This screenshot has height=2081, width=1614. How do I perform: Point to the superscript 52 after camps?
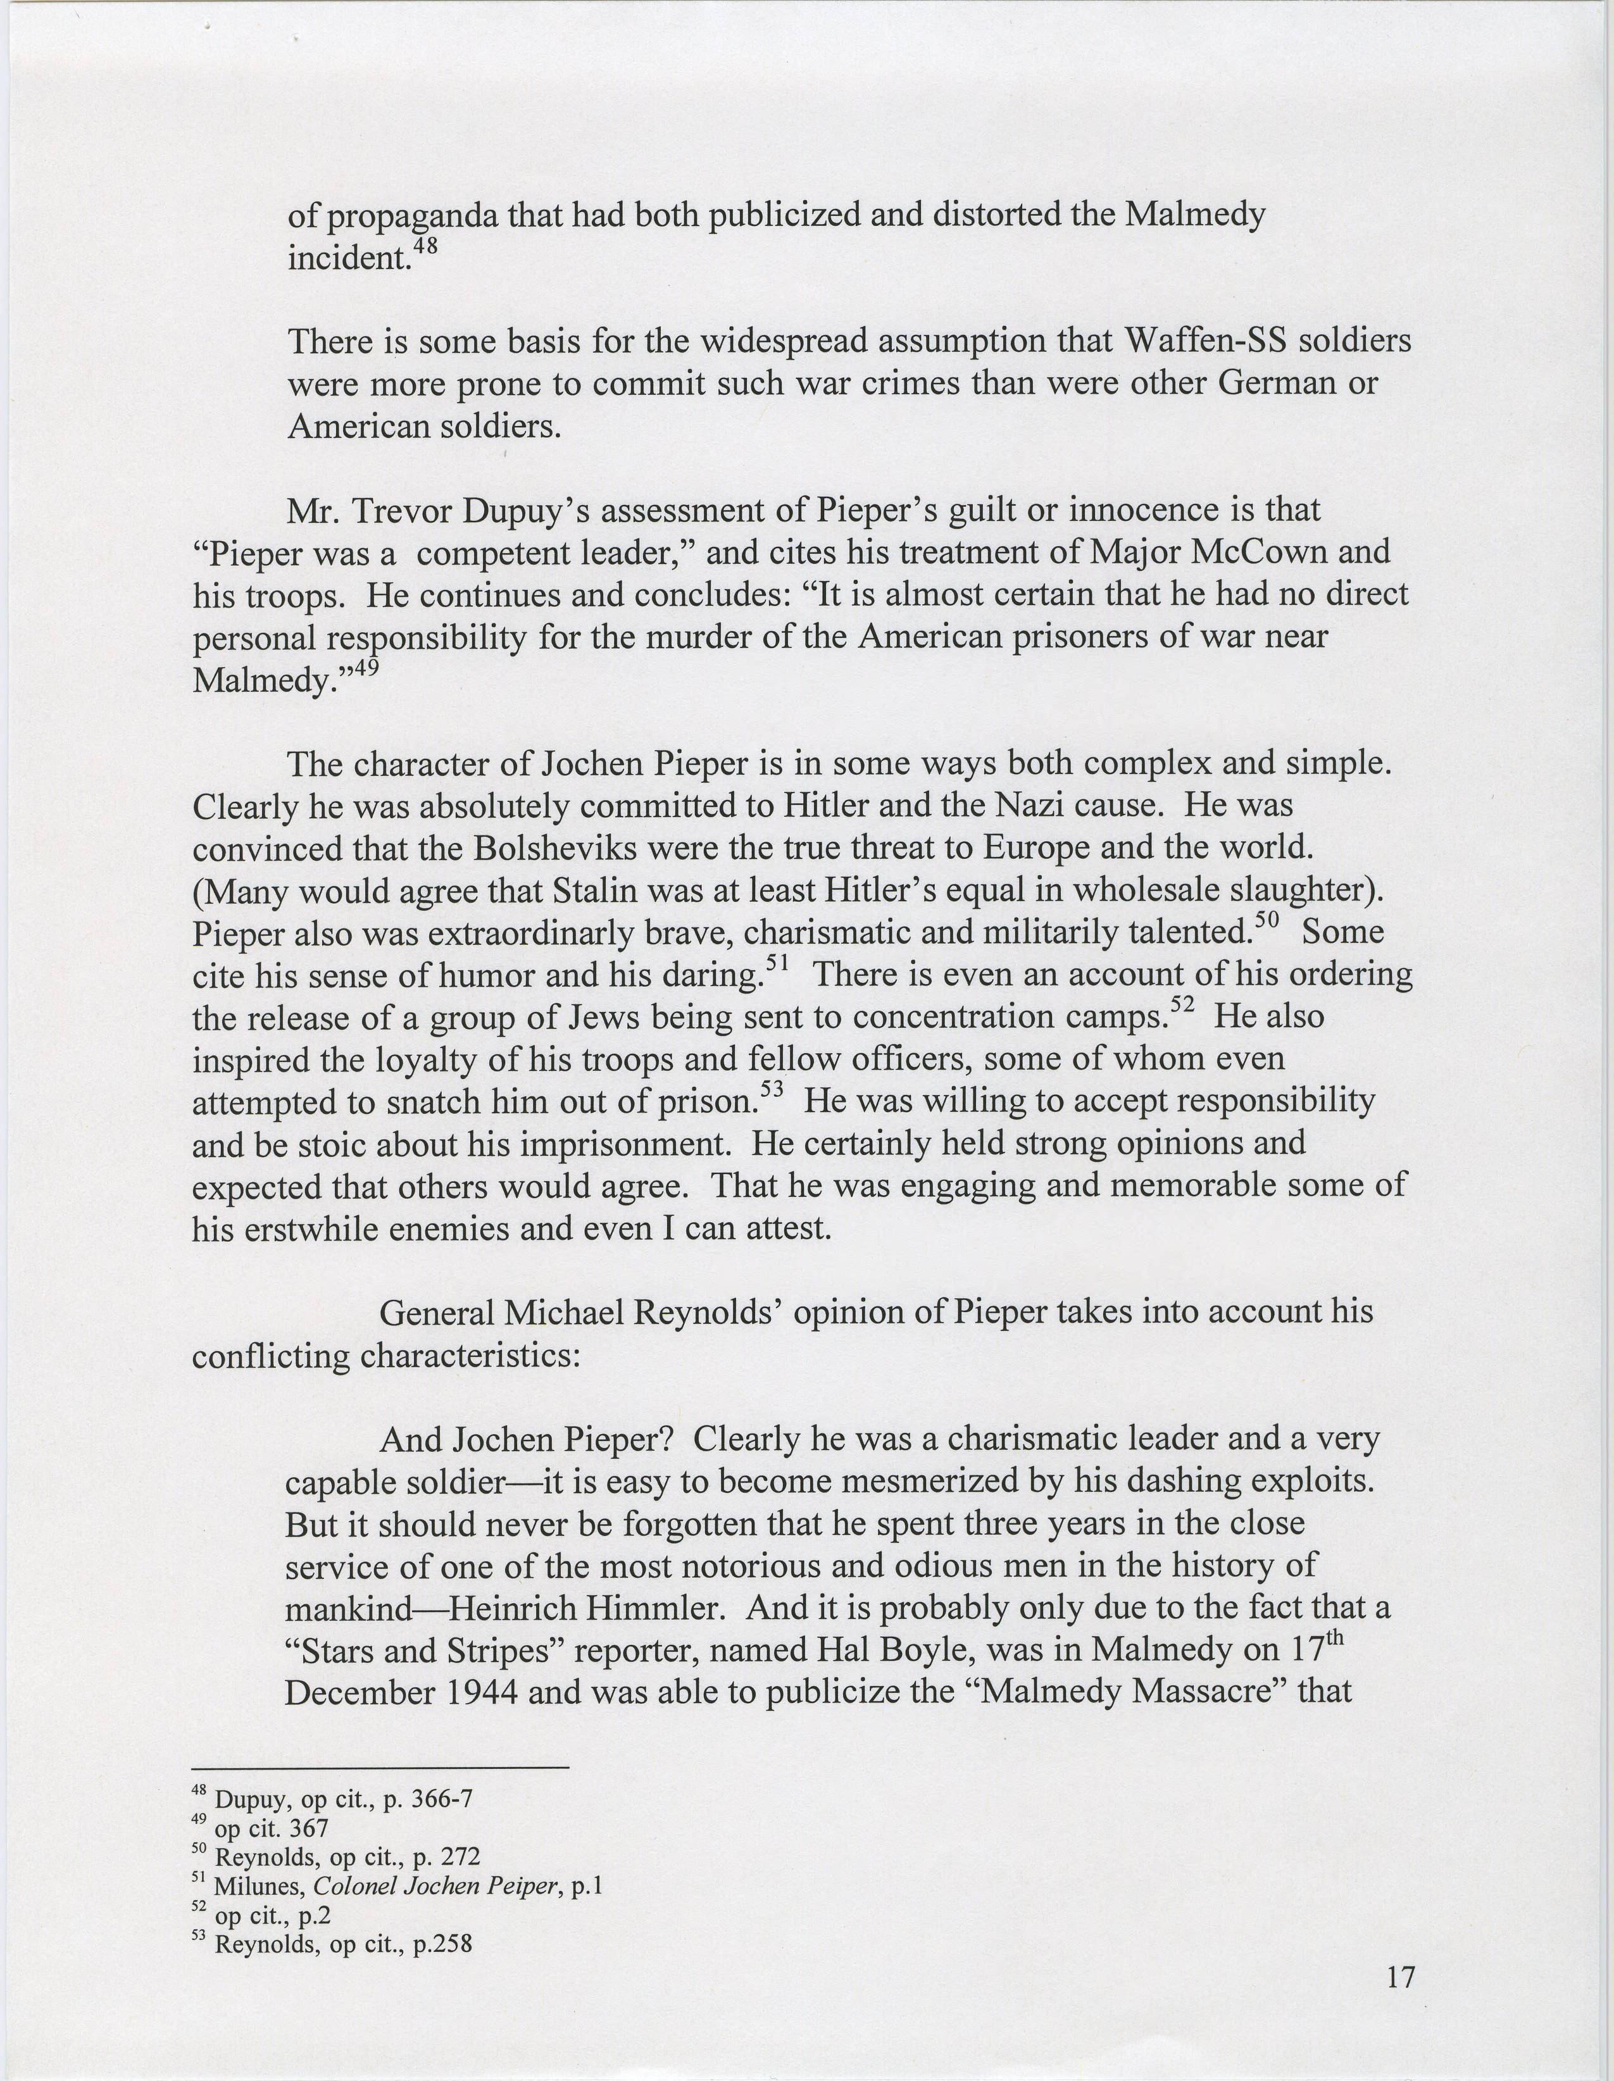(1182, 1005)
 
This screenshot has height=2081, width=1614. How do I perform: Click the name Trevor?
(404, 511)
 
